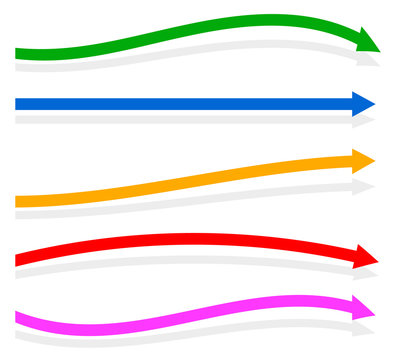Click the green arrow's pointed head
click(367, 41)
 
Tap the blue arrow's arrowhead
click(363, 104)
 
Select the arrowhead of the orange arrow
click(363, 160)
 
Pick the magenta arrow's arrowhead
click(363, 307)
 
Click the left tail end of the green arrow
click(19, 53)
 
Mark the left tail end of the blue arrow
click(19, 104)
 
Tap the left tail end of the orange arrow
click(19, 201)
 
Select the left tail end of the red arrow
click(19, 259)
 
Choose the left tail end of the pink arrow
click(19, 318)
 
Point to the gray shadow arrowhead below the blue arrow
click(364, 121)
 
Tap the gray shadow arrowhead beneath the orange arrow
click(364, 186)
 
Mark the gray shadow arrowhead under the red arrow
click(366, 275)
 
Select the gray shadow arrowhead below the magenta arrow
click(364, 326)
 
